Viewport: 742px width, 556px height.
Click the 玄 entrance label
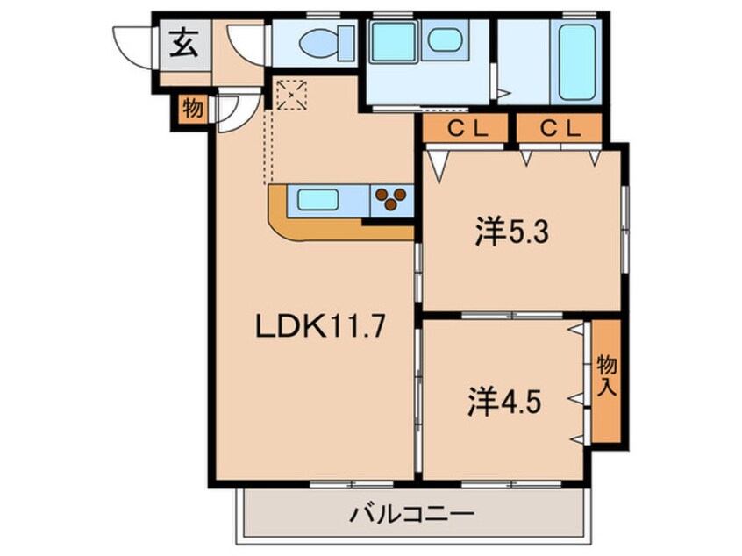[183, 43]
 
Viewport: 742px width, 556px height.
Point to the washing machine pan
[393, 41]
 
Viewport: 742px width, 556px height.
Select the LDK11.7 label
[320, 328]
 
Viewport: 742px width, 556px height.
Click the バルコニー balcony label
[412, 512]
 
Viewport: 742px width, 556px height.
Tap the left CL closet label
[467, 129]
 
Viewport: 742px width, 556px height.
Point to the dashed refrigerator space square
[291, 94]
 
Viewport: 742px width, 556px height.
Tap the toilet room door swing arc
[246, 42]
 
